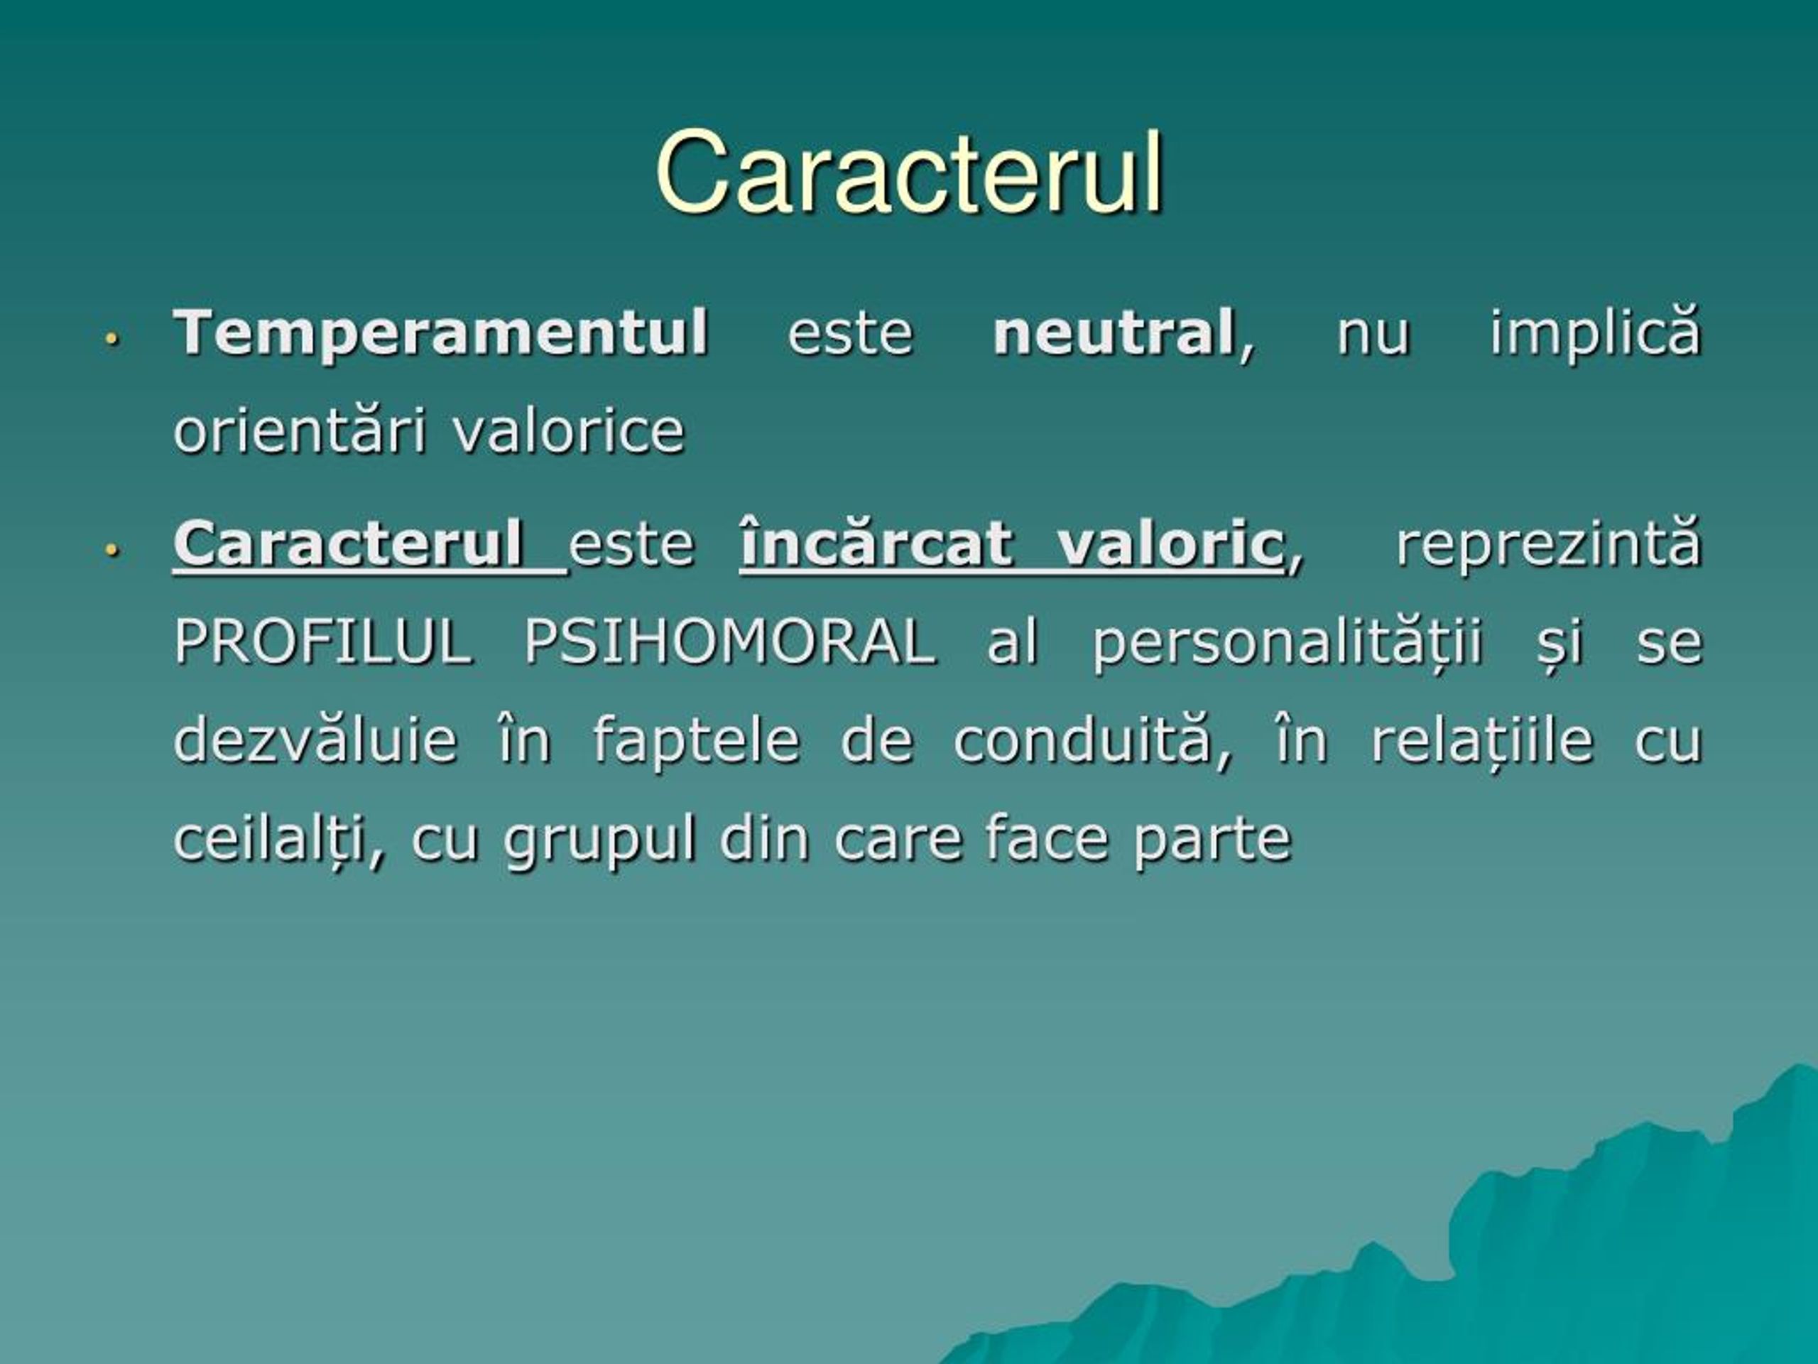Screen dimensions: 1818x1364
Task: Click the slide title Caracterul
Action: pyautogui.click(x=909, y=173)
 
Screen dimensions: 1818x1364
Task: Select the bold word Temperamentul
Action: pyautogui.click(x=441, y=332)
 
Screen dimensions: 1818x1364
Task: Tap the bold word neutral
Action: pyautogui.click(x=1114, y=332)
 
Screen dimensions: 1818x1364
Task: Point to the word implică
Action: pyautogui.click(x=1595, y=332)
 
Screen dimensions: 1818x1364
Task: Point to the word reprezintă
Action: pyautogui.click(x=1550, y=544)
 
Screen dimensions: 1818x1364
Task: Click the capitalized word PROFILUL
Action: pyautogui.click(x=323, y=642)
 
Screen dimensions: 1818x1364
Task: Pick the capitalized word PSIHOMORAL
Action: pyautogui.click(x=730, y=642)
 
